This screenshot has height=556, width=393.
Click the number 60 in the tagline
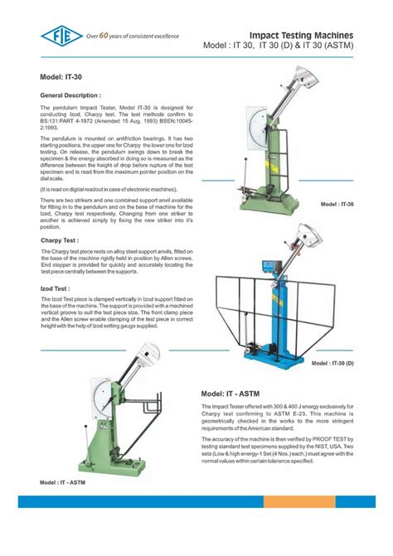(x=104, y=35)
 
